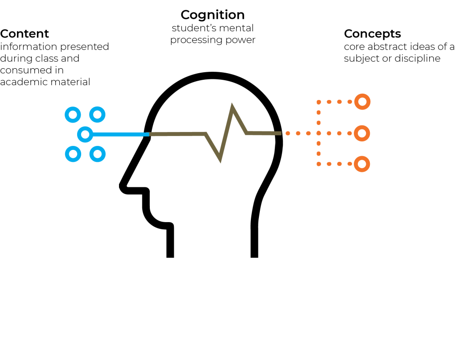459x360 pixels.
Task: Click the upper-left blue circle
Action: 73,115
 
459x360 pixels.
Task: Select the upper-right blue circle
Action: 97,115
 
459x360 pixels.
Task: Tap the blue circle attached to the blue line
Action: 85,134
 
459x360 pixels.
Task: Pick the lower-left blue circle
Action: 73,154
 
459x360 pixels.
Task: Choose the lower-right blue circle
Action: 97,154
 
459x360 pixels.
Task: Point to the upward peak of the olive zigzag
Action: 232,107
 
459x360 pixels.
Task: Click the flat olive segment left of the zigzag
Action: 178,134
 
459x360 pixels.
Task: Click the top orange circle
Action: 362,102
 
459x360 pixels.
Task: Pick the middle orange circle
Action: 362,133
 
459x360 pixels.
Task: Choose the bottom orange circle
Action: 362,164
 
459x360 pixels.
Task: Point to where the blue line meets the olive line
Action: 149,134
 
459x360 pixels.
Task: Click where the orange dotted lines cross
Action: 319,133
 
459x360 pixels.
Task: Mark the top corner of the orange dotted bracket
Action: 319,102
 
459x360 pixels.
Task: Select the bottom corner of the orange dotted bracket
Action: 319,164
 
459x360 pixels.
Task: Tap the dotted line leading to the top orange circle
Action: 339,102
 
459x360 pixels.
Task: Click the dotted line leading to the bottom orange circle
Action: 339,164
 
